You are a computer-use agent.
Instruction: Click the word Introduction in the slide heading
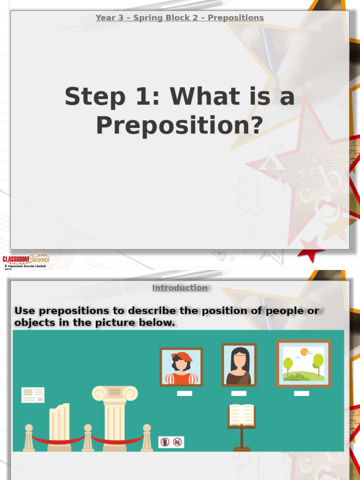pyautogui.click(x=180, y=288)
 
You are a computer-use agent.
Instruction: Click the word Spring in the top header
pyautogui.click(x=146, y=18)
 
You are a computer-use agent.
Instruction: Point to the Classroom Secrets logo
pyautogui.click(x=25, y=259)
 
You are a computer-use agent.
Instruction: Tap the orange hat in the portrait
pyautogui.click(x=182, y=357)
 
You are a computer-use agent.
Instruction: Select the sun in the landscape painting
pyautogui.click(x=304, y=351)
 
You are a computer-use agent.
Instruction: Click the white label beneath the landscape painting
pyautogui.click(x=301, y=393)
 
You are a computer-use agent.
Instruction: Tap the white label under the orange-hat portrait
pyautogui.click(x=184, y=393)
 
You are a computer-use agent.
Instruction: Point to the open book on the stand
pyautogui.click(x=241, y=415)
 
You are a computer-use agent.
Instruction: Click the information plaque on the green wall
pyautogui.click(x=33, y=395)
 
